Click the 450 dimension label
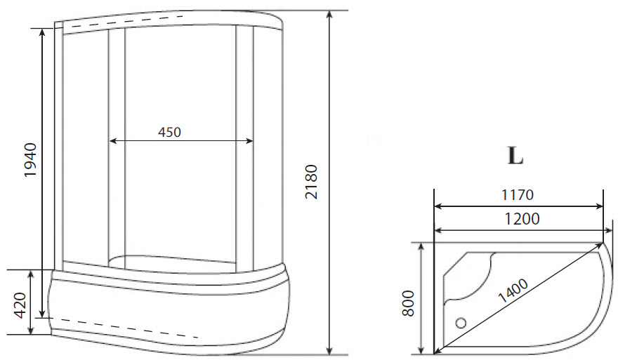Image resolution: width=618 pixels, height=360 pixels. pos(169,132)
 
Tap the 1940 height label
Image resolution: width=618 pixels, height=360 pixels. pos(31,159)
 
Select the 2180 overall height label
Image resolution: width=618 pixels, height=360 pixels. pos(311,182)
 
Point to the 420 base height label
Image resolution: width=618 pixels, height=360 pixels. pos(20,305)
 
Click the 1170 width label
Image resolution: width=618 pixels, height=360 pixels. pos(517,194)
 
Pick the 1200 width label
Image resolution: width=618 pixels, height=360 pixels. pos(522,219)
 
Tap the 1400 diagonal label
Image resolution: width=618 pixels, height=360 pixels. pos(513,291)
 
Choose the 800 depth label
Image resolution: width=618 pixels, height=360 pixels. pos(409,303)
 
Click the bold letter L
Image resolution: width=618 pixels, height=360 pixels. pos(515,156)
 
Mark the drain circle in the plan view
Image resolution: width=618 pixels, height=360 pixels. pos(461,323)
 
